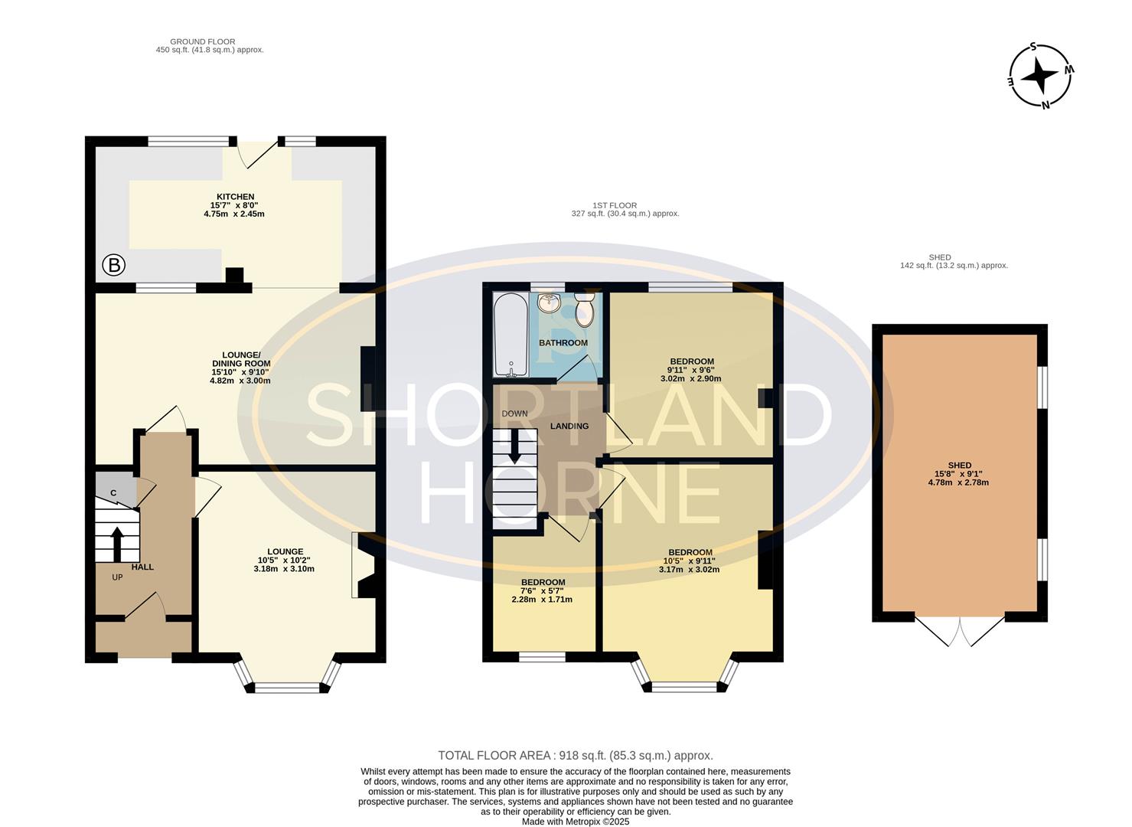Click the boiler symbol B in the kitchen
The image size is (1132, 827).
(114, 266)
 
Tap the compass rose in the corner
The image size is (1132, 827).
(1040, 76)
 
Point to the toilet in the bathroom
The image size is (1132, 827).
(585, 312)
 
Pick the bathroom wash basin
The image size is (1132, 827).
(549, 303)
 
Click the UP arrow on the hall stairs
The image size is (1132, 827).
(117, 543)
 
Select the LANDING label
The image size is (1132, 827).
(569, 426)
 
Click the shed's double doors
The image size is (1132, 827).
(960, 630)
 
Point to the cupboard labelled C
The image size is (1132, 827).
(113, 492)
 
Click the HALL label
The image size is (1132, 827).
(142, 567)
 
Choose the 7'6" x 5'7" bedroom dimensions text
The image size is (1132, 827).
(542, 590)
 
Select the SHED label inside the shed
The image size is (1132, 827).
(959, 465)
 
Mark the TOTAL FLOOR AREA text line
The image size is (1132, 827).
(575, 755)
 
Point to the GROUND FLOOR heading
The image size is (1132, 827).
(202, 41)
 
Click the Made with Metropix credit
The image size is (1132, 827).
(575, 821)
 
